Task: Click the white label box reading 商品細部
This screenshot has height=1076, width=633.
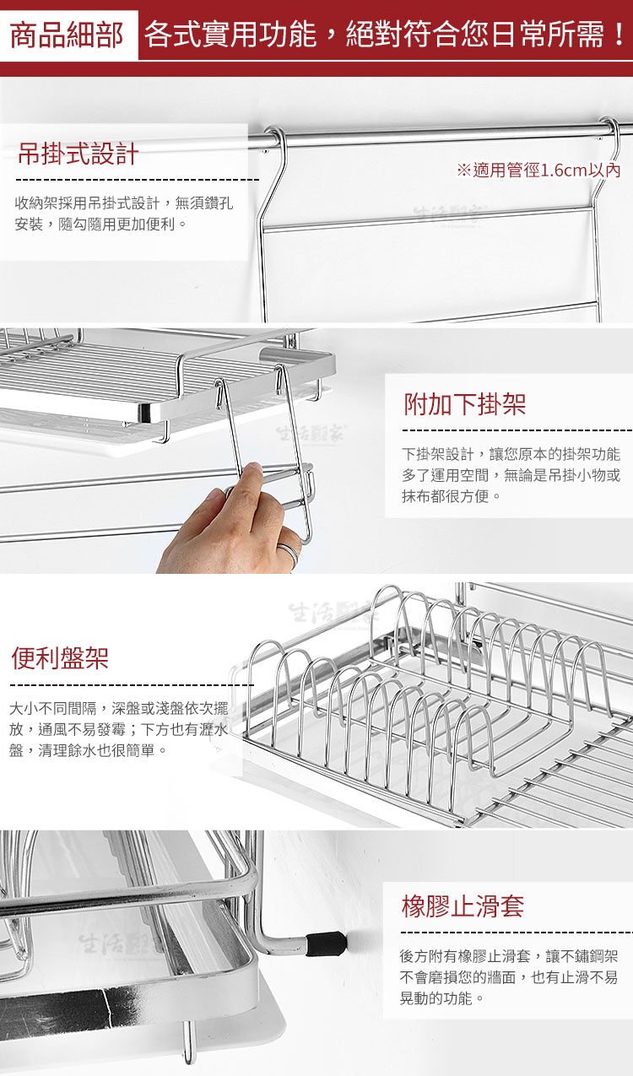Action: pyautogui.click(x=68, y=35)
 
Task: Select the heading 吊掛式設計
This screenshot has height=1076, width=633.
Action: pyautogui.click(x=78, y=154)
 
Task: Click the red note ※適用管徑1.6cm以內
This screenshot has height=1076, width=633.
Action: pyautogui.click(x=538, y=170)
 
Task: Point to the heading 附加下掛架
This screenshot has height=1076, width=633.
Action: pyautogui.click(x=464, y=404)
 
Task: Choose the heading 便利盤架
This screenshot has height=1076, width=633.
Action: pyautogui.click(x=60, y=657)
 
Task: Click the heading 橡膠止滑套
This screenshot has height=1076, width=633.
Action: pyautogui.click(x=463, y=906)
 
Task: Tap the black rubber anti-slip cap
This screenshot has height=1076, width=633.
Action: pyautogui.click(x=327, y=943)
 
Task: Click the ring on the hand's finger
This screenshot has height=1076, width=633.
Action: pyautogui.click(x=288, y=553)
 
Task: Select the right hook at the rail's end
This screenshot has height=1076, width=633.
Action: pyautogui.click(x=607, y=139)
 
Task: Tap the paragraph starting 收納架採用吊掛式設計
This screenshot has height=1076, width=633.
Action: pyautogui.click(x=124, y=214)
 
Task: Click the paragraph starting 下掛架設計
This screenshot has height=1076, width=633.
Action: pyautogui.click(x=511, y=475)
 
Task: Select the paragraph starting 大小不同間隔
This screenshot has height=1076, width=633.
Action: pyautogui.click(x=119, y=729)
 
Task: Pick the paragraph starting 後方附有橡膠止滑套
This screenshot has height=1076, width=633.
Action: pyautogui.click(x=509, y=977)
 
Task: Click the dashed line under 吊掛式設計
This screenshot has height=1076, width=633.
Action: pyautogui.click(x=138, y=180)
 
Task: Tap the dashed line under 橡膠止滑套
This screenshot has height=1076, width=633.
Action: pyautogui.click(x=517, y=933)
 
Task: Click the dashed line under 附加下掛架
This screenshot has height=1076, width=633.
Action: pyautogui.click(x=517, y=430)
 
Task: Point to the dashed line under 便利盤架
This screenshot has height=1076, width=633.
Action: pyautogui.click(x=132, y=684)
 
